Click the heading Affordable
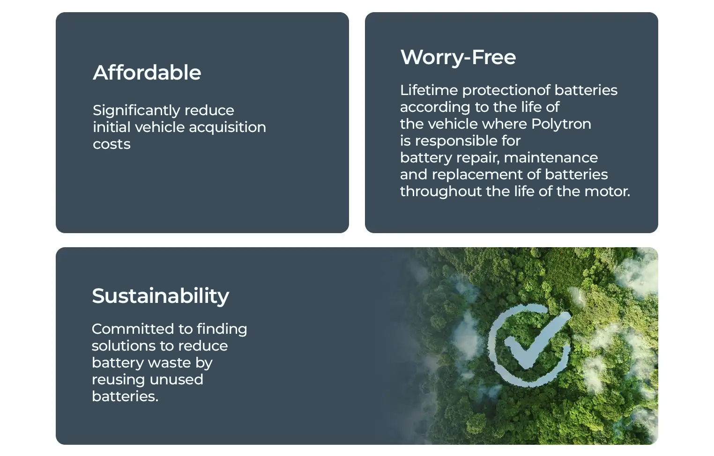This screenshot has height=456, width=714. (147, 72)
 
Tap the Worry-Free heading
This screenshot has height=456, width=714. (458, 57)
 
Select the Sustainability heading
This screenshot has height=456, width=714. (160, 296)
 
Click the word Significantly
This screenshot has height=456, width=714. (136, 111)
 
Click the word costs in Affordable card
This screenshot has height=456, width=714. (112, 144)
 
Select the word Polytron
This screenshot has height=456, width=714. (561, 125)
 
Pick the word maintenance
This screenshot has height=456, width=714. (551, 158)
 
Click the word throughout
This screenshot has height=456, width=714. (441, 191)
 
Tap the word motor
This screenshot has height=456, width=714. (609, 191)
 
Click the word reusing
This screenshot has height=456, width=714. (118, 380)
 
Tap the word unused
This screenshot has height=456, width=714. (176, 380)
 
